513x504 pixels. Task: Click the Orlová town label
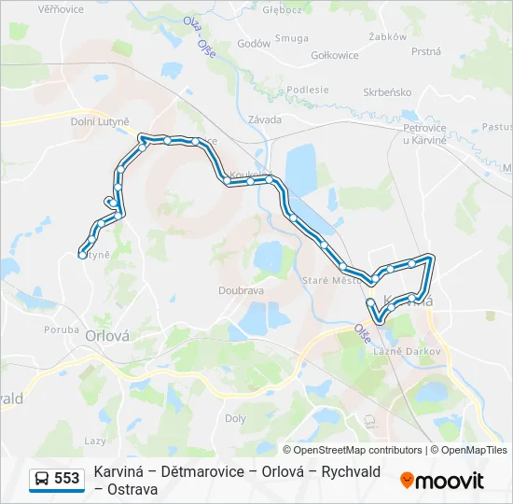106,336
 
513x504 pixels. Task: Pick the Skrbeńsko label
388,92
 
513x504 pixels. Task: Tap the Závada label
265,119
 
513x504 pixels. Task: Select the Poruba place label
62,329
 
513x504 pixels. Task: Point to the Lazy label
95,440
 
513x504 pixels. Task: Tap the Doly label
235,419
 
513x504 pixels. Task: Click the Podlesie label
308,90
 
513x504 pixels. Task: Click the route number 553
66,479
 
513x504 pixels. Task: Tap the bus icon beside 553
42,479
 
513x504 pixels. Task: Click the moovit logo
442,481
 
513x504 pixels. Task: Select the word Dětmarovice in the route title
200,471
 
